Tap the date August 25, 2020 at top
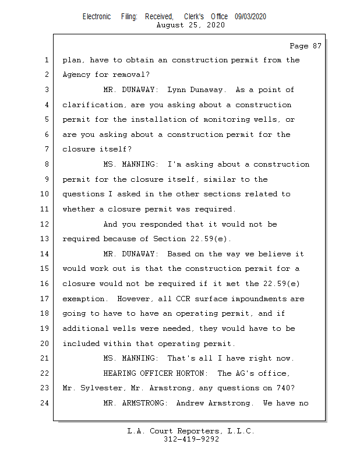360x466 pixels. pos(191,25)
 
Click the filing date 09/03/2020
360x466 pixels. pos(250,17)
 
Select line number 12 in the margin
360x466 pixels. pos(45,224)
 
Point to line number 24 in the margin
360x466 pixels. pos(45,403)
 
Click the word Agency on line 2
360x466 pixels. pos(76,75)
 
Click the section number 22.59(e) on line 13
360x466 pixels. pos(212,239)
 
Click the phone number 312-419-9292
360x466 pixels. pos(191,440)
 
